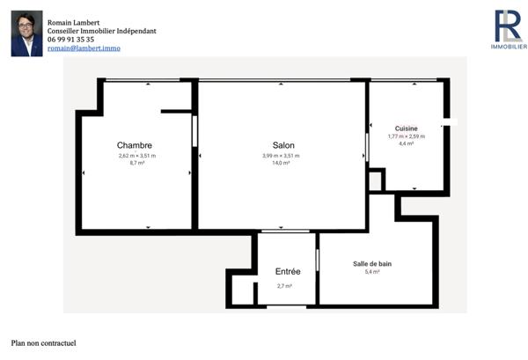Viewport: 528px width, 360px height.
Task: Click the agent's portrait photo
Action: pos(26,33)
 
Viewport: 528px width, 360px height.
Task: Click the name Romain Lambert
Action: pos(74,22)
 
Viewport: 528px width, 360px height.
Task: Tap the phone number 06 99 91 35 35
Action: pos(71,40)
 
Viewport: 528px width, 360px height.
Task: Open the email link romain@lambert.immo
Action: pos(84,48)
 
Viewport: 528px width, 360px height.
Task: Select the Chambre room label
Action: pos(135,146)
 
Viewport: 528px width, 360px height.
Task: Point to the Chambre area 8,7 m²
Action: pos(136,163)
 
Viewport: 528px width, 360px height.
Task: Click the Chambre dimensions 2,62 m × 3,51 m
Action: pos(136,156)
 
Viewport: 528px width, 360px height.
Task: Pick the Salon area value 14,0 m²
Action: pos(281,163)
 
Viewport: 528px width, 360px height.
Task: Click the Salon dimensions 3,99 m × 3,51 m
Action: pos(281,156)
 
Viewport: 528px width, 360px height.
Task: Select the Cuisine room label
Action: pos(406,129)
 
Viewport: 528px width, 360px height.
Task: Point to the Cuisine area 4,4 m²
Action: pos(406,143)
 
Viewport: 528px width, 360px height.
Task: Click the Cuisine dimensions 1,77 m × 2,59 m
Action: pos(406,136)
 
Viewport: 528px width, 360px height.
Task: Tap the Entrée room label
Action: pos(288,272)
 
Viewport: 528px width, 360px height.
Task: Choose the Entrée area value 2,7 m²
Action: pos(284,286)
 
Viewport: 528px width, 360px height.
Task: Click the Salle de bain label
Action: pos(371,264)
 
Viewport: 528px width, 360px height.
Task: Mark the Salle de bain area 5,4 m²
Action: pos(371,272)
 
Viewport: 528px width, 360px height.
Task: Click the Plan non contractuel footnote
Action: pos(44,343)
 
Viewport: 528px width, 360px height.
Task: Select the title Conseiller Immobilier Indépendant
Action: pos(102,31)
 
